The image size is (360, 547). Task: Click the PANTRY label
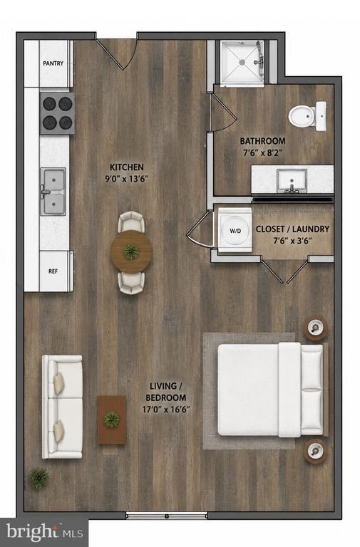[x=53, y=63]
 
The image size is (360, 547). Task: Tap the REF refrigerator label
[x=53, y=271]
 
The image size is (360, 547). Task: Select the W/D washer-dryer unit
[x=235, y=230]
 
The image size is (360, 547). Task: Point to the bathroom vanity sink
[x=292, y=181]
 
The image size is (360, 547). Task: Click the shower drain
[x=242, y=62]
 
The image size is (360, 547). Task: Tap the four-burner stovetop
[x=57, y=113]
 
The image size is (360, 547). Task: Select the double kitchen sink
[x=53, y=192]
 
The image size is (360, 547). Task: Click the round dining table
[x=131, y=251]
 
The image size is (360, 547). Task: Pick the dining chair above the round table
[x=131, y=222]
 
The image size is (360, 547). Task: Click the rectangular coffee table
[x=112, y=420]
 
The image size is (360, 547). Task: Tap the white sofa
[x=62, y=407]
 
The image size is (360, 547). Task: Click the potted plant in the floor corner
[x=38, y=479]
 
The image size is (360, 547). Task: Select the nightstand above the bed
[x=316, y=328]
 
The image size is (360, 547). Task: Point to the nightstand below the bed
[x=316, y=451]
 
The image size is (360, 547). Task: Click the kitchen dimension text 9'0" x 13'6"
[x=127, y=179]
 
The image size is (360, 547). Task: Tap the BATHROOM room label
[x=262, y=141]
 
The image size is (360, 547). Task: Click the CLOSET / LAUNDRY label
[x=292, y=229]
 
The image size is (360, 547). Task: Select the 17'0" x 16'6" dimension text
[x=166, y=409]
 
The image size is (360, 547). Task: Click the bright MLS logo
[x=44, y=533]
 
